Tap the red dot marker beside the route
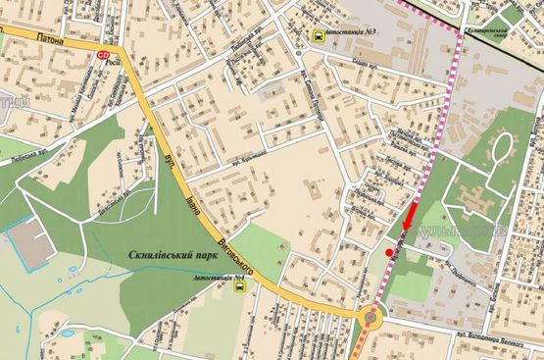(x=390, y=253)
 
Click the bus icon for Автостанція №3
(x=320, y=36)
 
